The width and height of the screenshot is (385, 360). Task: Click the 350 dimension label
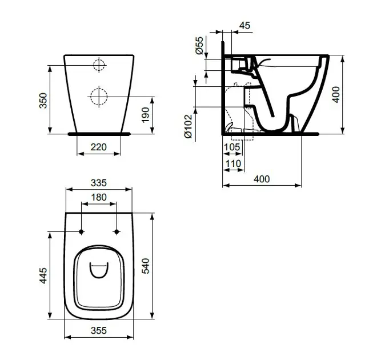[x=43, y=101]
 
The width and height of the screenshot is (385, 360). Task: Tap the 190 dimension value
[x=146, y=115]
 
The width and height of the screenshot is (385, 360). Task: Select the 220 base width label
[x=99, y=147]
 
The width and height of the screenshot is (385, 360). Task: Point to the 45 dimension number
[x=244, y=25]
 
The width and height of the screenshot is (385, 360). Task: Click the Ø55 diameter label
[x=199, y=45]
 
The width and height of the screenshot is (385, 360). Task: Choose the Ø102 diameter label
[x=189, y=126]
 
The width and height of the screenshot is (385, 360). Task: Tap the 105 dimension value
[x=232, y=147]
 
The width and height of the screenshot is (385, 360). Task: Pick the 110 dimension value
[x=233, y=163]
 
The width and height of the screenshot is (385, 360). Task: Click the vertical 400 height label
[x=336, y=94]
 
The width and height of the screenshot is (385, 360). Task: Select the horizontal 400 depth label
[x=262, y=179]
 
